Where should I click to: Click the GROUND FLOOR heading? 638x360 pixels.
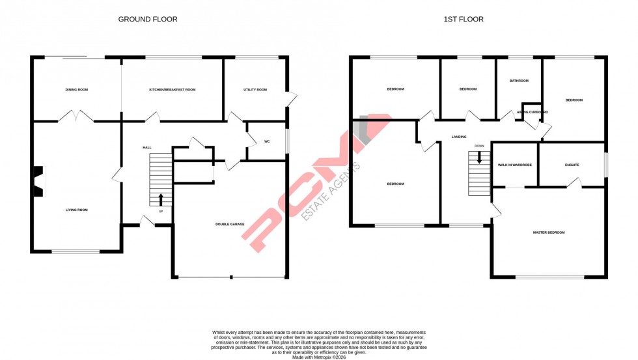click(147, 20)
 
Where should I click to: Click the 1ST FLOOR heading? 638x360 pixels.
click(464, 20)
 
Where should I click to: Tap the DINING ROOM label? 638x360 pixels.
click(76, 90)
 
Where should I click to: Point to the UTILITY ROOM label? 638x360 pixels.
click(255, 90)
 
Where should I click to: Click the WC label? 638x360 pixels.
click(267, 141)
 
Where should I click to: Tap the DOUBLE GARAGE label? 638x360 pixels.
click(230, 225)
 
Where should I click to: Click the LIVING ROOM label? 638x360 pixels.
click(76, 210)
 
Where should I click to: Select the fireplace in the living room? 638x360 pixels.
click(40, 182)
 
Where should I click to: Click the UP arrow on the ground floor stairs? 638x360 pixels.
click(161, 199)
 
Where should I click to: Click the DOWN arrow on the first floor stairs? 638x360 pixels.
click(480, 158)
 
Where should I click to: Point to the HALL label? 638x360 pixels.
click(147, 148)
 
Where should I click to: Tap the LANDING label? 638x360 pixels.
click(459, 137)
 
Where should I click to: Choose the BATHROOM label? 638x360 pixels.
click(519, 81)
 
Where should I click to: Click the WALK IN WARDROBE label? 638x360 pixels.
click(514, 165)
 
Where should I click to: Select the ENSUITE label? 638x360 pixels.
click(572, 165)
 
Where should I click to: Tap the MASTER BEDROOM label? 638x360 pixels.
click(549, 232)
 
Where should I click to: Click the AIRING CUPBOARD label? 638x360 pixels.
click(532, 113)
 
